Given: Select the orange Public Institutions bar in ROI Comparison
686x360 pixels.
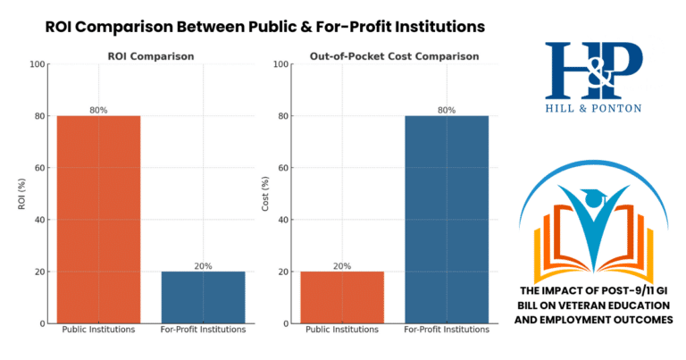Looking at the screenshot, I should [x=98, y=219].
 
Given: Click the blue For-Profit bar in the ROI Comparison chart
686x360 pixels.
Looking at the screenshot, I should [x=203, y=297].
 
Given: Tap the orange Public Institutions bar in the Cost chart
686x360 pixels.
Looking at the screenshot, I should [x=342, y=297].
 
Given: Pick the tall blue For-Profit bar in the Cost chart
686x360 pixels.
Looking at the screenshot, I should [x=447, y=219].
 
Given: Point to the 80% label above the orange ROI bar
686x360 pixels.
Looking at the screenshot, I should [x=98, y=110].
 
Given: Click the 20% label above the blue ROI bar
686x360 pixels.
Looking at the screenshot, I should [x=203, y=265].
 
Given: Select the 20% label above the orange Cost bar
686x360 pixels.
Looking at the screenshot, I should [x=342, y=265].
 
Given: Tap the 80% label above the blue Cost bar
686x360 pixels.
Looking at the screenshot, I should [x=447, y=110].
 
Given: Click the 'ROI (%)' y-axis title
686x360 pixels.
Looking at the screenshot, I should [x=21, y=194].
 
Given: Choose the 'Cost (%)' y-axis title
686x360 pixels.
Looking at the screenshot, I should [x=265, y=194].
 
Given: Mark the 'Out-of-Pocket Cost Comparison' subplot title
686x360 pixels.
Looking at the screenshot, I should [x=394, y=56].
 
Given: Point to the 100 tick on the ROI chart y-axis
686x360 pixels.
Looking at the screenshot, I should [x=37, y=64].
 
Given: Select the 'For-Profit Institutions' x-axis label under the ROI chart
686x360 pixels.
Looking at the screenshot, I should [x=203, y=331].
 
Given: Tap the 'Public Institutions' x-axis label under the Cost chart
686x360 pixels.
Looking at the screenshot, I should [x=342, y=331].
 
